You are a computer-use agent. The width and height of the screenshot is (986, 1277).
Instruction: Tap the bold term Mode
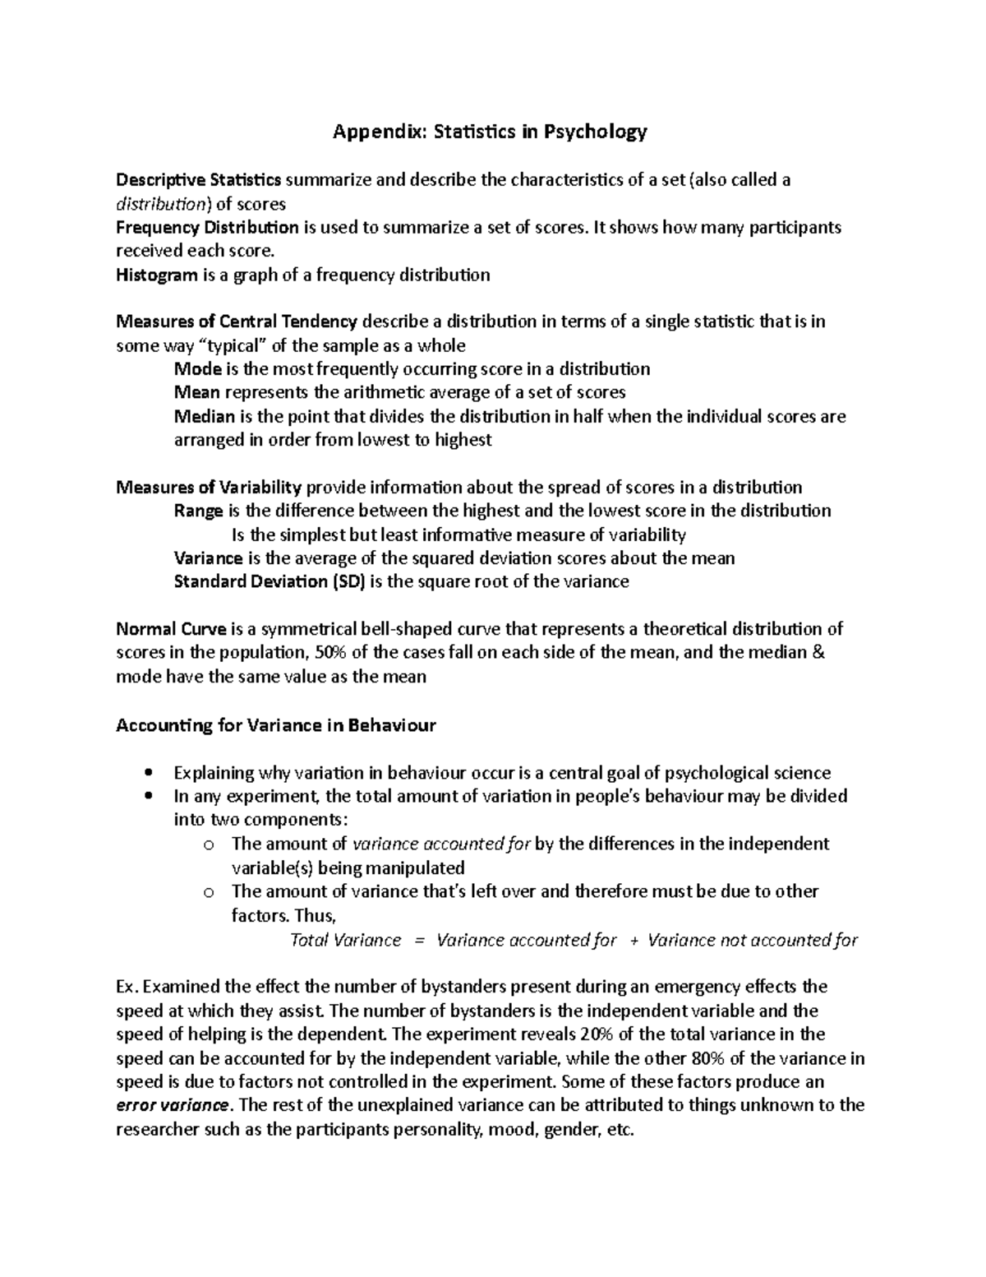[x=198, y=368]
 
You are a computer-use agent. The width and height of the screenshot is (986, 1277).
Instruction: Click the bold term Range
[x=199, y=511]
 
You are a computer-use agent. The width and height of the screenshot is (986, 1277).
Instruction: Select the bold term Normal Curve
[x=171, y=629]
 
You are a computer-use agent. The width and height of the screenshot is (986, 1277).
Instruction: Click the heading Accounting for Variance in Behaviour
[x=276, y=725]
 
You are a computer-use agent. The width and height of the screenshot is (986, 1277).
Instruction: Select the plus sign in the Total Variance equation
[x=633, y=940]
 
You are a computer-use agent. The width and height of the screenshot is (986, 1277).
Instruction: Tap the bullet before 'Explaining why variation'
[x=148, y=773]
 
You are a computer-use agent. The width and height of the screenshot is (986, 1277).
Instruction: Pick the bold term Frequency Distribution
[x=207, y=228]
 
